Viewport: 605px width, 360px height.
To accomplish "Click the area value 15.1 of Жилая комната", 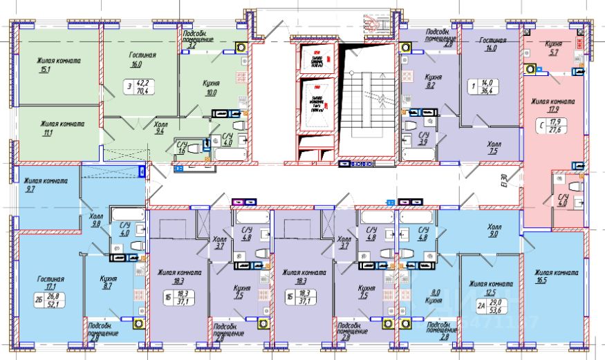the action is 45,68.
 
